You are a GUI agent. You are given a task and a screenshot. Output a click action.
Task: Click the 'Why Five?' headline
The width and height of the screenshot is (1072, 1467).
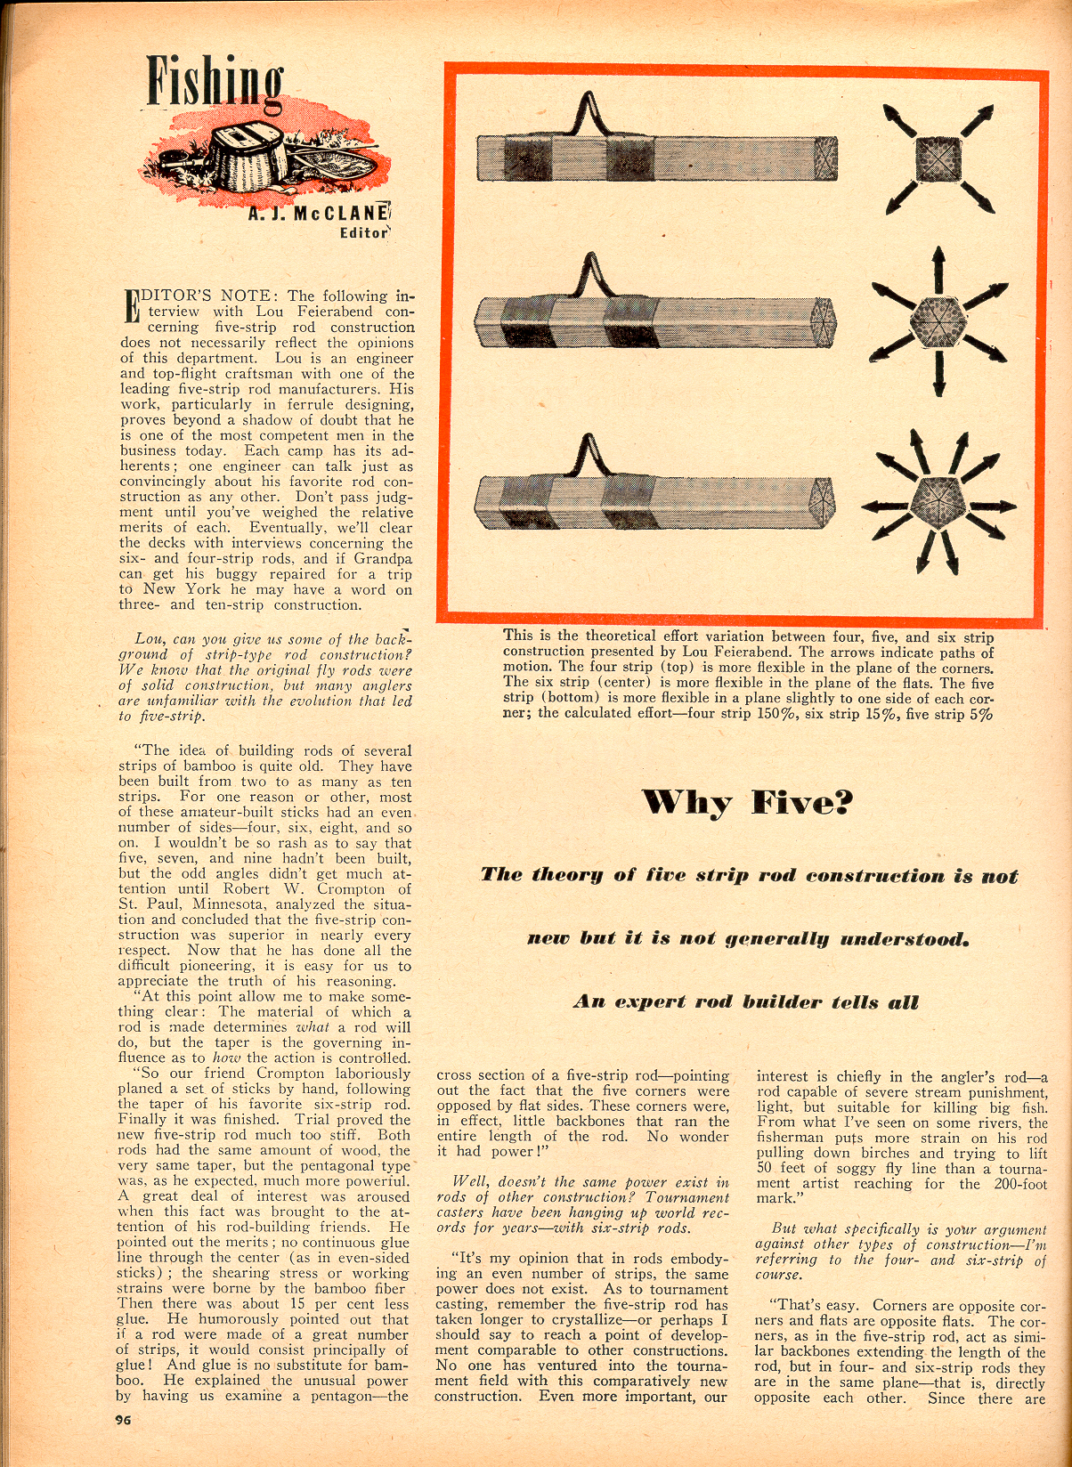pyautogui.click(x=748, y=803)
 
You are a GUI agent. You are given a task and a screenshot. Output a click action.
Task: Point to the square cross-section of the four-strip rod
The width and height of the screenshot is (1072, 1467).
pyautogui.click(x=938, y=160)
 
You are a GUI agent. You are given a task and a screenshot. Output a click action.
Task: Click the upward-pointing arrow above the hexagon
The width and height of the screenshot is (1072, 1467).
pyautogui.click(x=938, y=265)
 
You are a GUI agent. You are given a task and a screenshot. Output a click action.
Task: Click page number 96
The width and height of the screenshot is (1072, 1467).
pyautogui.click(x=124, y=1420)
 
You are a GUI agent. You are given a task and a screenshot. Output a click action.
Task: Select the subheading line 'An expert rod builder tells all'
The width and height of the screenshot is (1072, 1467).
pyautogui.click(x=746, y=1002)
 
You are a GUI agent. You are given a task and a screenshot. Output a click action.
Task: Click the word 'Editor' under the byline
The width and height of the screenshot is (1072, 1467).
pyautogui.click(x=364, y=233)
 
